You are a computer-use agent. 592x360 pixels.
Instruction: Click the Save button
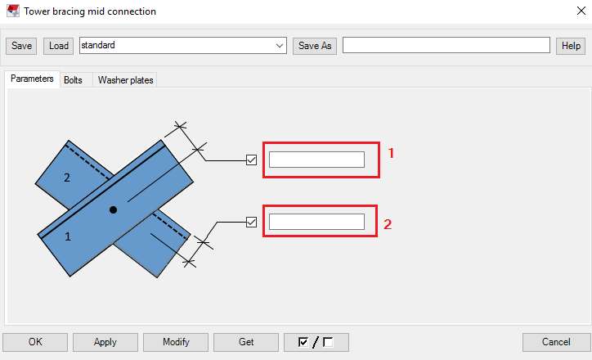coord(21,46)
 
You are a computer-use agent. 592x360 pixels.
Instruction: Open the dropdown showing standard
coord(280,46)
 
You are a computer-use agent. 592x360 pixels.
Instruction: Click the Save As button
coord(315,46)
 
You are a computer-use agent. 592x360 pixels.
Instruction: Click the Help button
coord(570,46)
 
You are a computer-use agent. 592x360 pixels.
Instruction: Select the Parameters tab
coord(32,79)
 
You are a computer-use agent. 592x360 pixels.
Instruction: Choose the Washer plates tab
coord(125,80)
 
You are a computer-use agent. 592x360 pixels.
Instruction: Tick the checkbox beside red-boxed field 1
coord(252,160)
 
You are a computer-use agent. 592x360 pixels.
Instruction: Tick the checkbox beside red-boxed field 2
coord(252,222)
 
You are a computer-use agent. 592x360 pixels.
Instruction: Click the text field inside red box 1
coord(316,160)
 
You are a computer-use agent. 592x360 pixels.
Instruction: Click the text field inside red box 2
coord(316,222)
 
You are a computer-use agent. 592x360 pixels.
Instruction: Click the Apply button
coord(105,342)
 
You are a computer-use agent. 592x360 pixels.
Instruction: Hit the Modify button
coord(176,342)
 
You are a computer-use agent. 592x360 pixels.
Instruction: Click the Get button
coord(246,342)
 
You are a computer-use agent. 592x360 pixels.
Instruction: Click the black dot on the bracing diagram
coord(114,210)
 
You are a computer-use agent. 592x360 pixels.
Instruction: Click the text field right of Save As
coord(446,46)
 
